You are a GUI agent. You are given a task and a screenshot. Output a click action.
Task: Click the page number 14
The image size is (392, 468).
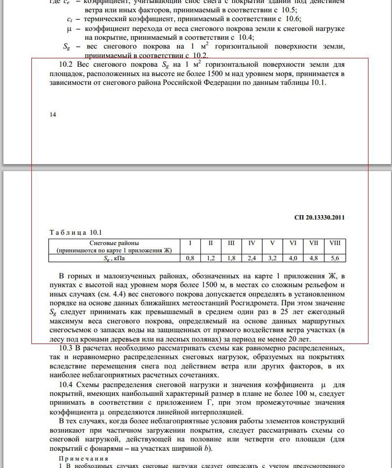click(x=53, y=114)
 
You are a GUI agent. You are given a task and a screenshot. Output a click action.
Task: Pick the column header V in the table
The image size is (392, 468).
click(x=272, y=243)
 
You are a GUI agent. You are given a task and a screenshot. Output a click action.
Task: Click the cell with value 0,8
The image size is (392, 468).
click(x=190, y=258)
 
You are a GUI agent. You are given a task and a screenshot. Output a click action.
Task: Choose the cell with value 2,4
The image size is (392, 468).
click(x=252, y=258)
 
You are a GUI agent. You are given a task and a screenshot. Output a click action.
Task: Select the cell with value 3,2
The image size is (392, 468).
click(x=272, y=258)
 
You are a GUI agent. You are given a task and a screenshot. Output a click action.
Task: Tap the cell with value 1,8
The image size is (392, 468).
click(x=231, y=258)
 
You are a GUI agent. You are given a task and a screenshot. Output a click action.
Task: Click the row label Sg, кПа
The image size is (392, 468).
click(x=114, y=258)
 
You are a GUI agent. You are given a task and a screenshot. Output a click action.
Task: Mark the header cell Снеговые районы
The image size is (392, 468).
click(x=114, y=243)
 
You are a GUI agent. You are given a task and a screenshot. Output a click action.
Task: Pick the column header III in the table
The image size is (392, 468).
click(x=231, y=243)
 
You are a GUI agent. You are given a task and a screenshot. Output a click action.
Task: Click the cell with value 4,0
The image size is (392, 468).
click(x=293, y=258)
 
